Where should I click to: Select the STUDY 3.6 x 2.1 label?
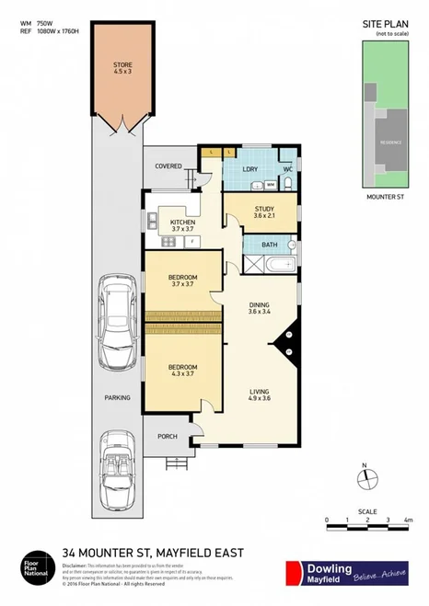click(263, 212)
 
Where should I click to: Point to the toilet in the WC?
click(289, 182)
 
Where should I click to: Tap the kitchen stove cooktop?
click(168, 243)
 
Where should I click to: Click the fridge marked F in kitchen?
click(191, 242)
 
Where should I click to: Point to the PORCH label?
click(168, 437)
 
